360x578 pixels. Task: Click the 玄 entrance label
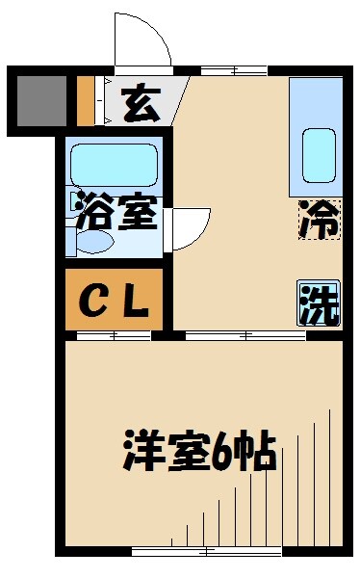pyautogui.click(x=141, y=103)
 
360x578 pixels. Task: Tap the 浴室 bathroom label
pyautogui.click(x=116, y=213)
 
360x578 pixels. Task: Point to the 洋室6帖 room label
pyautogui.click(x=199, y=450)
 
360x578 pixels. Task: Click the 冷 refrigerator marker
pyautogui.click(x=319, y=219)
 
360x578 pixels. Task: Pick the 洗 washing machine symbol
pyautogui.click(x=318, y=304)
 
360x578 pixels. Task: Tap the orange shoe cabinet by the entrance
pyautogui.click(x=86, y=100)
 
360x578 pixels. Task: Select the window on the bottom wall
pyautogui.click(x=205, y=551)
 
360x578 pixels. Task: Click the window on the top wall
pyautogui.click(x=234, y=70)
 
